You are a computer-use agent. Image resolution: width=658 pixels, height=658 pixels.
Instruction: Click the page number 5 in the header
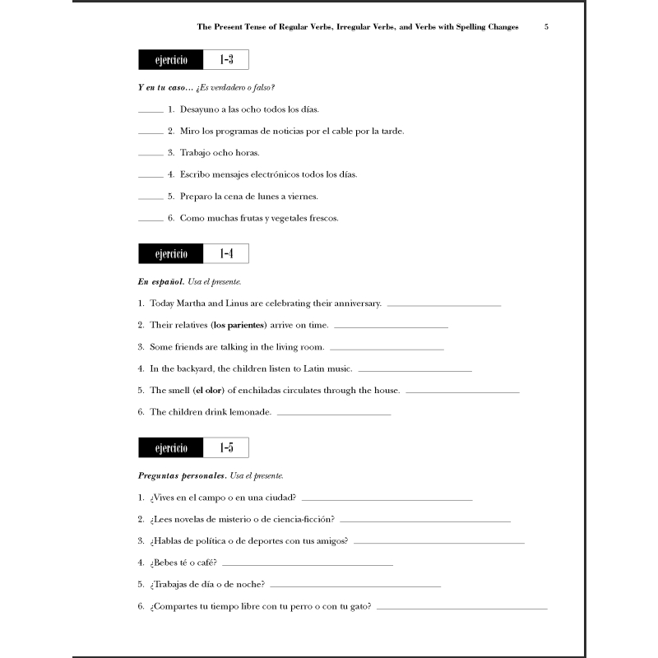point(546,27)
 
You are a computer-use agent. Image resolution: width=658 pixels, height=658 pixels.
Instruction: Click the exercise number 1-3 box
point(225,60)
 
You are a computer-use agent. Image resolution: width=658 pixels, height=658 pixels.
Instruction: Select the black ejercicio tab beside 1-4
point(171,254)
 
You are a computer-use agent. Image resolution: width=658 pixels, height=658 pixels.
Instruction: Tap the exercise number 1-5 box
point(225,448)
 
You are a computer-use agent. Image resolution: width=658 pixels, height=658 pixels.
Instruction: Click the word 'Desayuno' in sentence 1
point(200,109)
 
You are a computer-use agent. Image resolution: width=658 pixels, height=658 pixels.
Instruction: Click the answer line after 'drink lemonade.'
point(333,414)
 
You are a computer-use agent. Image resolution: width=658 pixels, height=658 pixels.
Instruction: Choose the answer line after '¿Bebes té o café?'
point(307,565)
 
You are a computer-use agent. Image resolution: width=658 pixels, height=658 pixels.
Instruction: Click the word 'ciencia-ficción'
point(304,520)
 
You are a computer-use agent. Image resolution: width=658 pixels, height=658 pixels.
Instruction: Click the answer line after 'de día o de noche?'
point(354,586)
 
